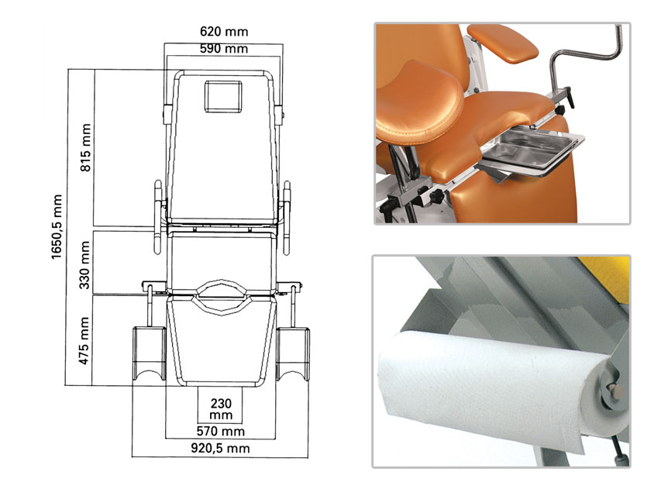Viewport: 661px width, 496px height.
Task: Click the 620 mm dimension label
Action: (224, 32)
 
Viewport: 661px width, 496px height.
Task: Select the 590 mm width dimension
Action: (224, 49)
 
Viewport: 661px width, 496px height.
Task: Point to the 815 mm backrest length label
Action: (85, 147)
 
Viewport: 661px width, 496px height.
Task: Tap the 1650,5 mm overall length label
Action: (57, 226)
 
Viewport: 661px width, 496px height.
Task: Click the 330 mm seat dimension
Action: (84, 265)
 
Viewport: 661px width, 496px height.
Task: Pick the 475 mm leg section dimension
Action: (84, 341)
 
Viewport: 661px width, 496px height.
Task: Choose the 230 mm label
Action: (221, 409)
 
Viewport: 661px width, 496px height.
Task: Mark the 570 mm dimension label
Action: (221, 431)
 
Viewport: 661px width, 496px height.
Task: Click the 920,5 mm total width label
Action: (221, 448)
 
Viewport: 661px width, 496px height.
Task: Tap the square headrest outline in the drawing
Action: (223, 97)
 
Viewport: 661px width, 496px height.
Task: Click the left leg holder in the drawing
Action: (149, 353)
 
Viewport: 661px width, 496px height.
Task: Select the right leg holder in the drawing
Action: (293, 353)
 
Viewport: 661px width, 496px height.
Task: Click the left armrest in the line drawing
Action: (158, 217)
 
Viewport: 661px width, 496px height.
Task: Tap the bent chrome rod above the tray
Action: (586, 53)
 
